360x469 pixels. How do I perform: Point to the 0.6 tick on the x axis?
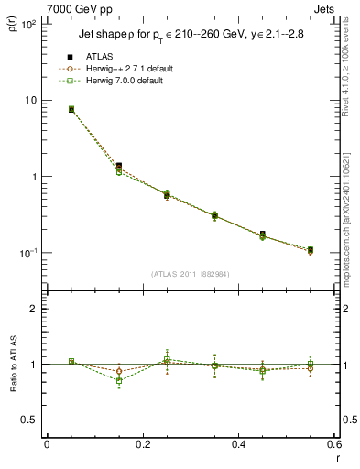[x=334, y=444]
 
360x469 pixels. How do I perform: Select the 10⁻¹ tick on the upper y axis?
[x=29, y=253]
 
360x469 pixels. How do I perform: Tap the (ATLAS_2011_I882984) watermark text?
[x=191, y=274]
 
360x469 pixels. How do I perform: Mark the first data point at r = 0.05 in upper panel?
[x=71, y=109]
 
